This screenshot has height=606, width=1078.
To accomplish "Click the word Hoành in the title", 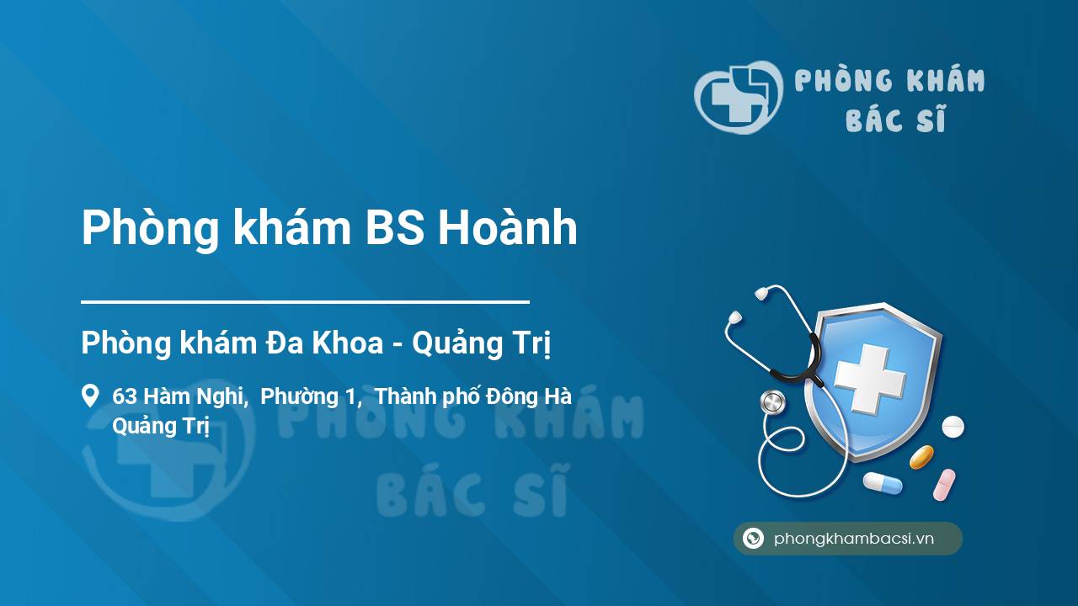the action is pos(507,227).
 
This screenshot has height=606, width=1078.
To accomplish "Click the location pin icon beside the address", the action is pos(90,396).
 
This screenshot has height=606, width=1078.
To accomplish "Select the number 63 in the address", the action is pos(125,396).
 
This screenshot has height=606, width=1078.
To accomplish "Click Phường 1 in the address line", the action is pos(311,397).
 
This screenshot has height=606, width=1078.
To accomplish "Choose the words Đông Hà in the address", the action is pos(529,396).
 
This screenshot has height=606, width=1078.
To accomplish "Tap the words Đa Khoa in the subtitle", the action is pos(325,343).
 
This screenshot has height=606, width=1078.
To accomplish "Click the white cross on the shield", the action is pos(870,379).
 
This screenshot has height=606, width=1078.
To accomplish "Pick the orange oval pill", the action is pos(921,457).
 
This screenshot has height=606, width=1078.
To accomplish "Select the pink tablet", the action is pos(944,485).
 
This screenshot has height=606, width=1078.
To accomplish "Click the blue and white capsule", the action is pos(883,483).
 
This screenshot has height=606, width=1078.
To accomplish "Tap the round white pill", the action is pos(953,427).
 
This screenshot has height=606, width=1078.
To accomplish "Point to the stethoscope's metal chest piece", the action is pos(772,402).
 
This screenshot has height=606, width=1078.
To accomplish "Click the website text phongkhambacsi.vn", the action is pos(854,539).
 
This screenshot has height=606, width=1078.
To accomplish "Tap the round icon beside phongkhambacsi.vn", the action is pos(753,538).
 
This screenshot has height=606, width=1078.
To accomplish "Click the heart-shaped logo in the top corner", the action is pos(739,97).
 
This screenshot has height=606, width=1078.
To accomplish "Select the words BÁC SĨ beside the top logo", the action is pos(895,119).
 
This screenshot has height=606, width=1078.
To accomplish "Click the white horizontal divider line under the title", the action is pos(305,302).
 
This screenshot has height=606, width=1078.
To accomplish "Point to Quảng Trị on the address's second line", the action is pos(161,427).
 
